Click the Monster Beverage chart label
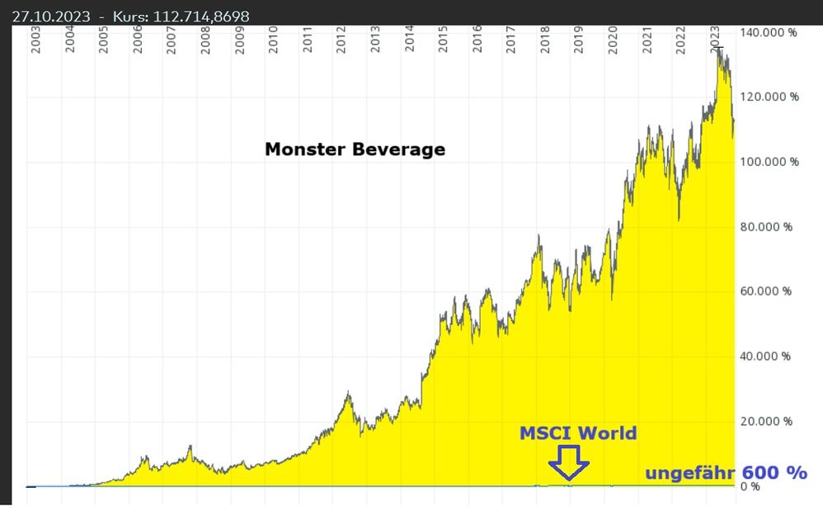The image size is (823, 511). click(355, 149)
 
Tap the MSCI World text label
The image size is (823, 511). click(577, 433)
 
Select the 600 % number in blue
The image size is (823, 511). click(774, 472)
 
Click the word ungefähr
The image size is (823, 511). click(690, 474)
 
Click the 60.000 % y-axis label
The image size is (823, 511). click(766, 291)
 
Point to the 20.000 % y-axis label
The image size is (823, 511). click(766, 422)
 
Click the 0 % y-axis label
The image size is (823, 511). click(750, 487)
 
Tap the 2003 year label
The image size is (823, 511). click(36, 40)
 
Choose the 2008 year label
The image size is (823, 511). click(205, 40)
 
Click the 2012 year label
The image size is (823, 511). click(341, 40)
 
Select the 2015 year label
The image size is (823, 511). click(443, 40)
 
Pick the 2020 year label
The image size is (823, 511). click(613, 40)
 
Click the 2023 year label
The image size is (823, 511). click(714, 40)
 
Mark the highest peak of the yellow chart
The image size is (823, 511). click(718, 50)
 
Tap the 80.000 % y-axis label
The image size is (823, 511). click(766, 227)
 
